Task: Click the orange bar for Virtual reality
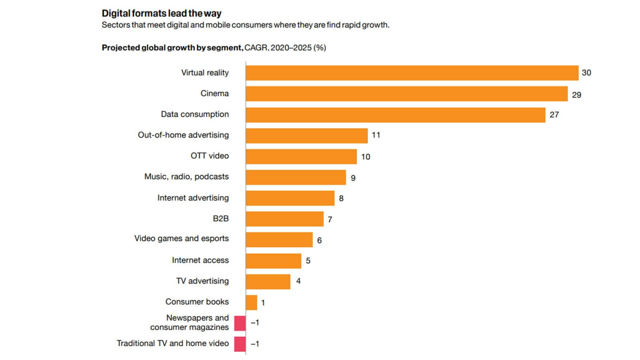(412, 73)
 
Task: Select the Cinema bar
(406, 94)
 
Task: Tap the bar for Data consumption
(395, 115)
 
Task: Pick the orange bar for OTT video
(301, 156)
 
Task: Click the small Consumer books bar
(252, 302)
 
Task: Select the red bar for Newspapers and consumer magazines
(240, 323)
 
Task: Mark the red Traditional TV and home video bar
(240, 344)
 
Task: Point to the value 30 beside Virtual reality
(586, 73)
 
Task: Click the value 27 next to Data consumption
(554, 115)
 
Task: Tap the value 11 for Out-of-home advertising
(376, 135)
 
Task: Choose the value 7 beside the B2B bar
(330, 220)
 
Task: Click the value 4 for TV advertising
(298, 281)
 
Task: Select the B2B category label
(220, 218)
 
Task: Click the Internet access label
(200, 260)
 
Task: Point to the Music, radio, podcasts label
(186, 177)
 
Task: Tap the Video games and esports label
(181, 238)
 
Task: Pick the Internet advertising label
(193, 198)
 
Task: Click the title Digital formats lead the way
(161, 13)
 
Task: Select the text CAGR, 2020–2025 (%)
(285, 48)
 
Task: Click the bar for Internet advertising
(290, 198)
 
